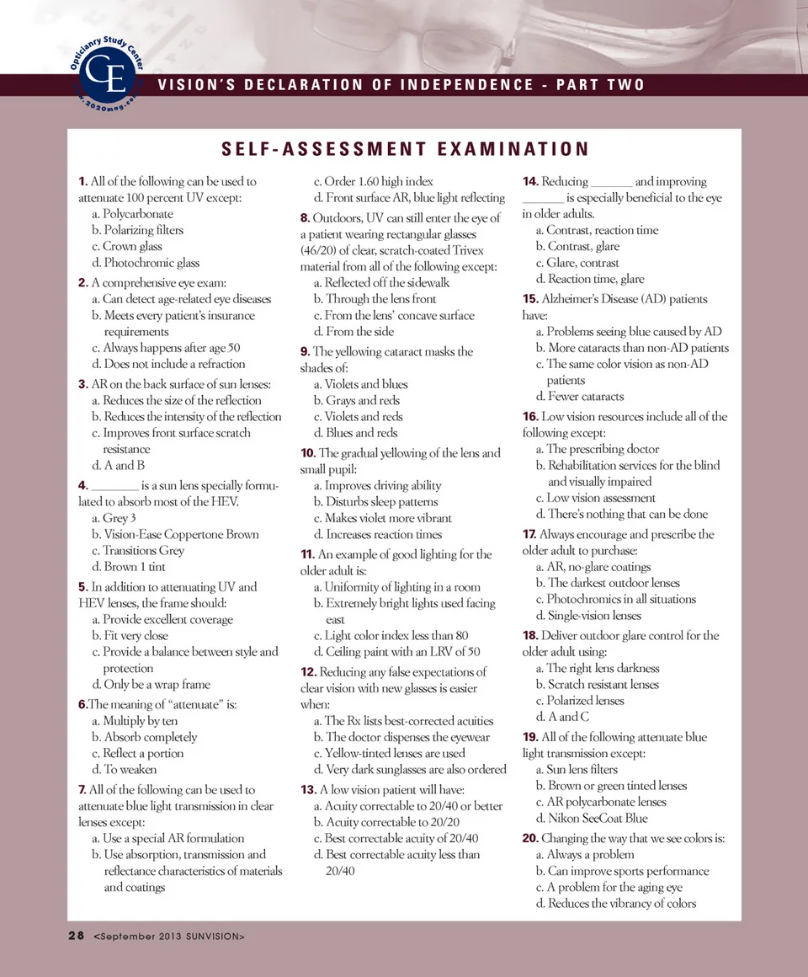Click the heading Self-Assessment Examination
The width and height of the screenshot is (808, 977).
coord(405,150)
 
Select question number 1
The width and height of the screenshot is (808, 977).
coord(82,181)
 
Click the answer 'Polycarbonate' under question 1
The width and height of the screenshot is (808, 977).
coord(132,214)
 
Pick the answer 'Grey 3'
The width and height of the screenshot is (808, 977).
coord(114,518)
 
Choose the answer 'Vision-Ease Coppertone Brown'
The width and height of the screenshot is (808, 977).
coord(175,534)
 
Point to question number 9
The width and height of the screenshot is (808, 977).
coord(305,351)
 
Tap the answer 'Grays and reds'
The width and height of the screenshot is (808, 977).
coord(356,400)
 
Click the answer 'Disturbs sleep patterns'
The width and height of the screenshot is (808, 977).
coord(375,502)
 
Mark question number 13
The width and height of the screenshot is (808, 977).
coord(307,789)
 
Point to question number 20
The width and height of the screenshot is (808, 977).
coord(530,838)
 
